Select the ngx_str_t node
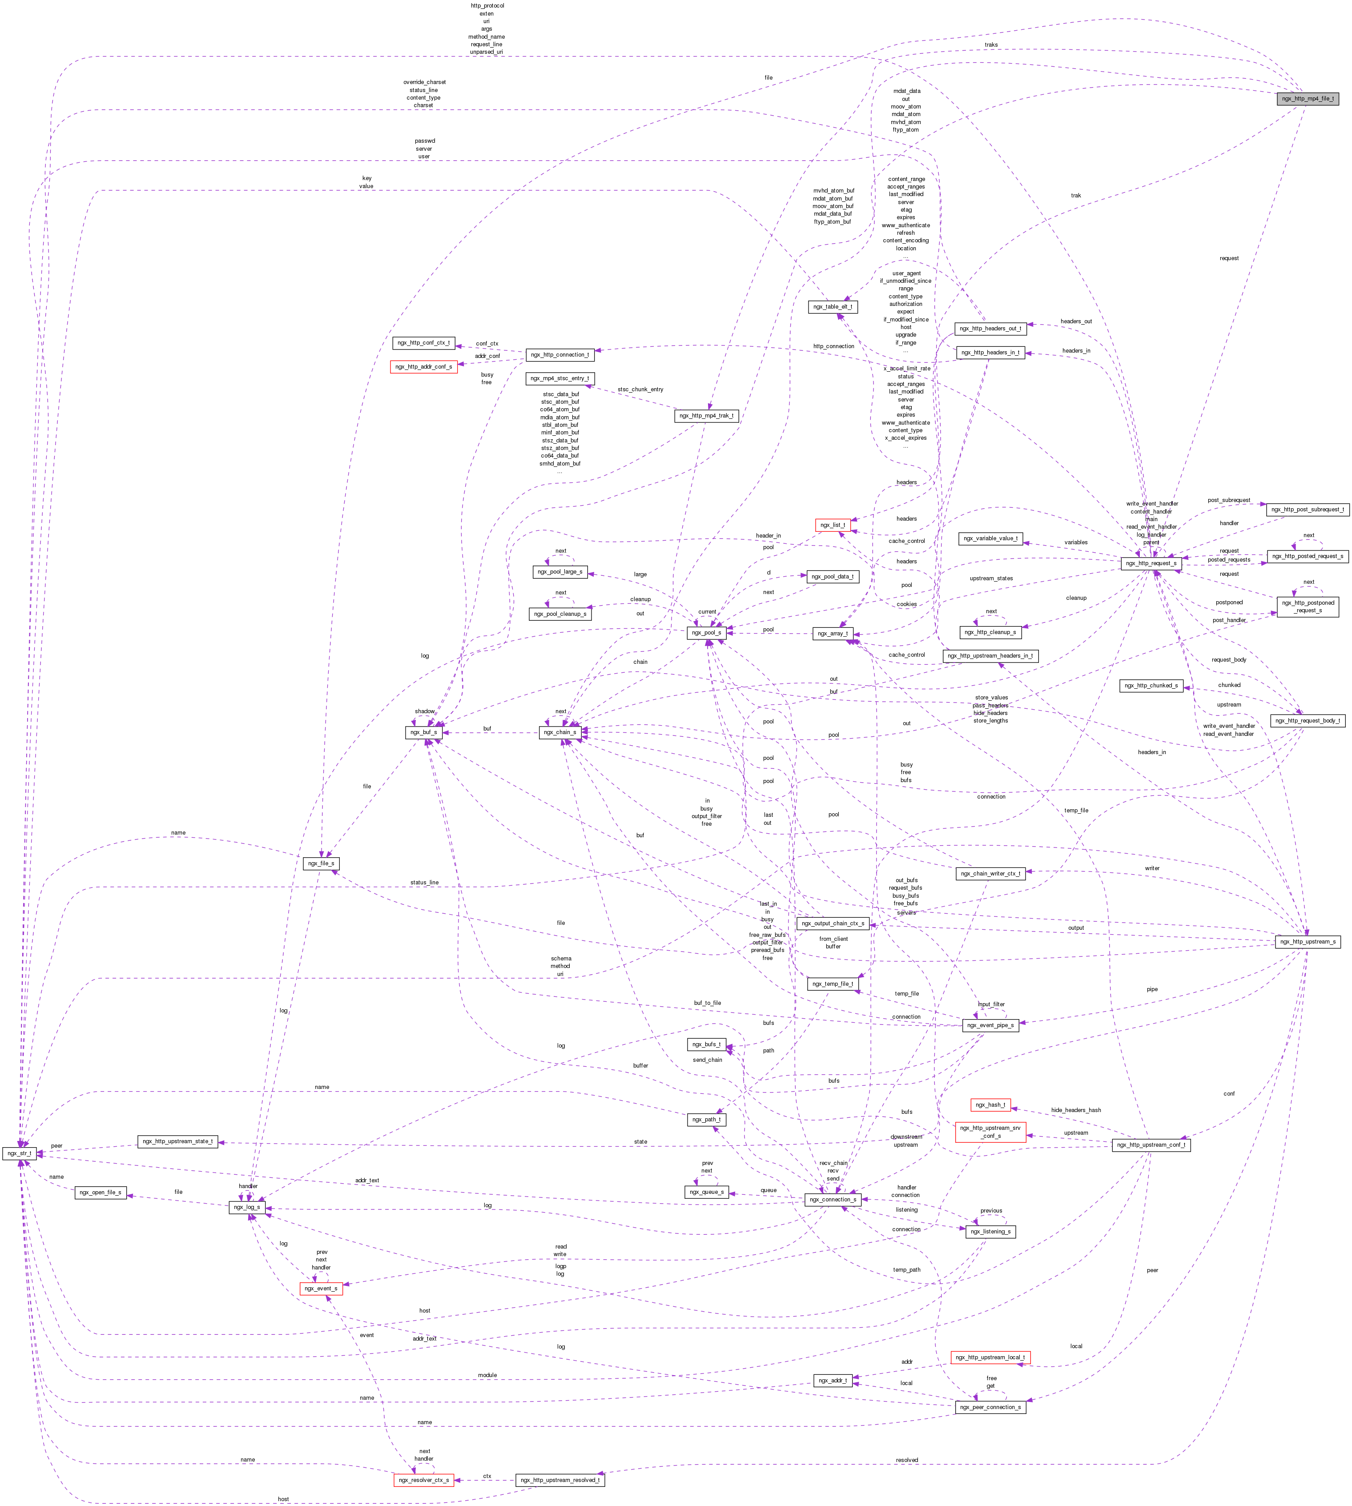point(19,1153)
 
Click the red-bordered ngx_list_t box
point(832,525)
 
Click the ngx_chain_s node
point(559,732)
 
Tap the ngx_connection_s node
point(833,1199)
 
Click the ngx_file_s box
point(321,863)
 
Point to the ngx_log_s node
point(247,1207)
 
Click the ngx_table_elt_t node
point(833,307)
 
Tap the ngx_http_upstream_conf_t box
point(1151,1145)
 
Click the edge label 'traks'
point(991,44)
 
